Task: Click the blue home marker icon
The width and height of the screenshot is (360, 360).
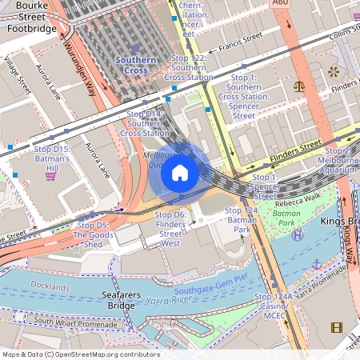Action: point(180,173)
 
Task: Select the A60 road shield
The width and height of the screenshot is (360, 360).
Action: point(279,4)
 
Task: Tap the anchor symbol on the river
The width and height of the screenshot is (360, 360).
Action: point(315,264)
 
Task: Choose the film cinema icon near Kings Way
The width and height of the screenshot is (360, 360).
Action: point(336,326)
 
